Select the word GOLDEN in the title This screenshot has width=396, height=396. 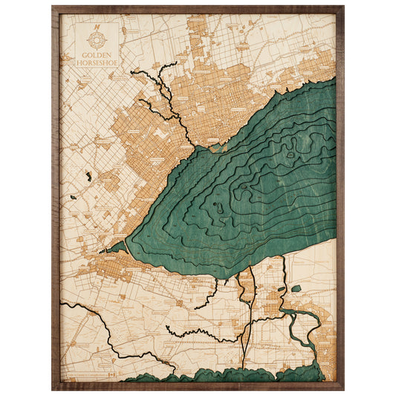(x=96, y=56)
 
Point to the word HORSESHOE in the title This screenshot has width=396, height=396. (x=96, y=63)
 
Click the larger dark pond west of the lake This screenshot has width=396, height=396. (x=88, y=177)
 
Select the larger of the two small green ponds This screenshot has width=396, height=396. (x=296, y=288)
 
